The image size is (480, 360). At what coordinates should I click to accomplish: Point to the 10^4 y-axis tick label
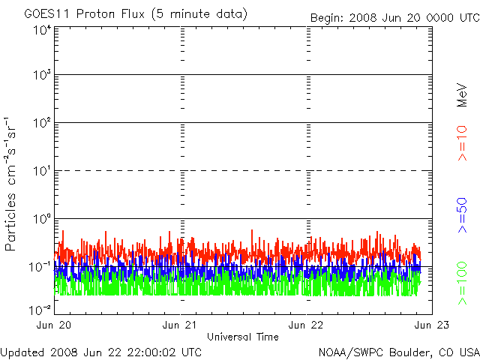coord(42,30)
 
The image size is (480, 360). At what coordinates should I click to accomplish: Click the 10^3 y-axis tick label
coord(42,76)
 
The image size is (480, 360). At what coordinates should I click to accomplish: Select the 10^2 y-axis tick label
coord(42,124)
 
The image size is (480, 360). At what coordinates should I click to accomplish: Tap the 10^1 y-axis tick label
coord(42,172)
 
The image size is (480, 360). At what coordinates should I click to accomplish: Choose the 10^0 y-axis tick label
coord(42,220)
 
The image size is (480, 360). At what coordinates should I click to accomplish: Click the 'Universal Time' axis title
coord(243,337)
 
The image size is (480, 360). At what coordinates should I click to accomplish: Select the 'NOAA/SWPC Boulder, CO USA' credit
coord(398,351)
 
